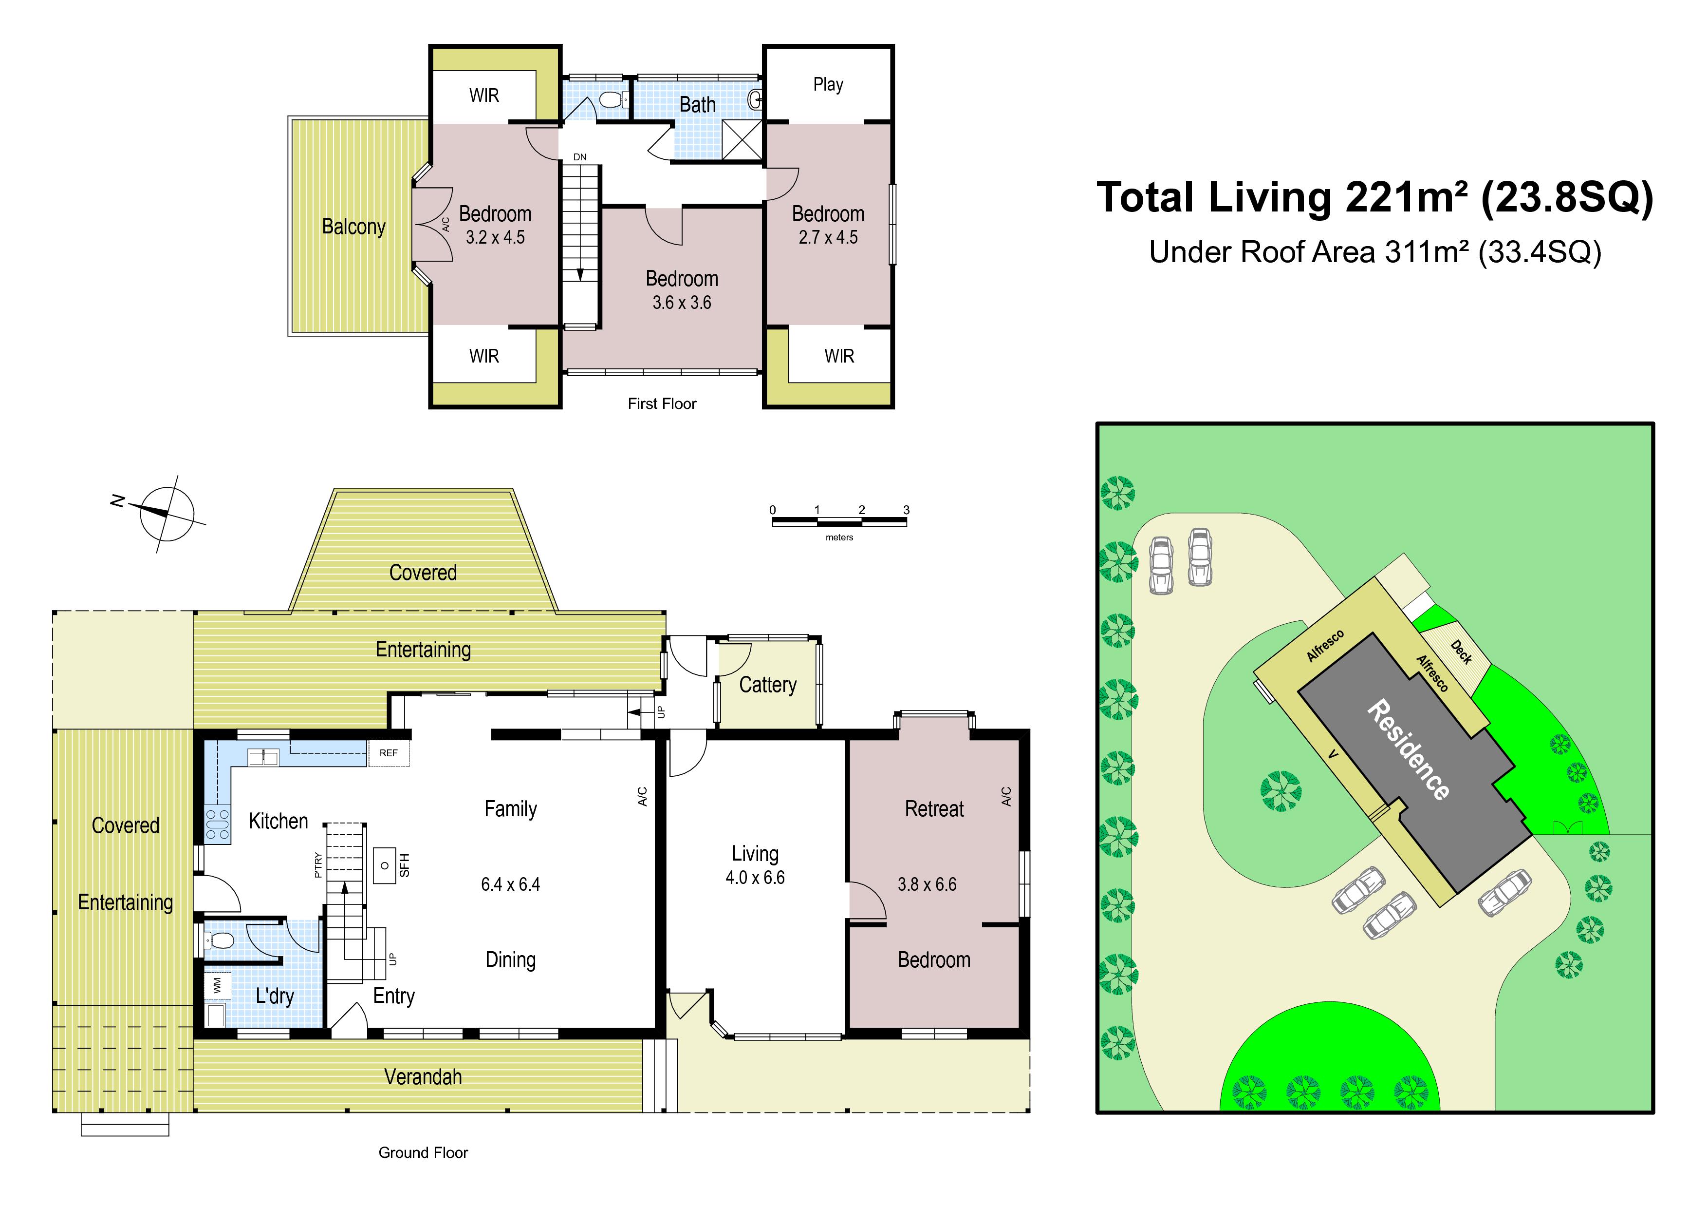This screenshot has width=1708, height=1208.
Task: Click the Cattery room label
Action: point(768,685)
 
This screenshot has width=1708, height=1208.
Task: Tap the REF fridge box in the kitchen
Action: point(389,753)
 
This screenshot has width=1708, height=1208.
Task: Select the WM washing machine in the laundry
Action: point(217,985)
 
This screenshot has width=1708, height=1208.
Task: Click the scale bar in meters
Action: point(839,521)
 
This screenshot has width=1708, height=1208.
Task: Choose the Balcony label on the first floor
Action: point(353,226)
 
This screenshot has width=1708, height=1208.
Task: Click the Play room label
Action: point(828,85)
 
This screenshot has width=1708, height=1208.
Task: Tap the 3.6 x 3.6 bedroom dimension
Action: point(682,303)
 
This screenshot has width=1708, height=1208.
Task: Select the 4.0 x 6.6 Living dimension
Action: point(755,878)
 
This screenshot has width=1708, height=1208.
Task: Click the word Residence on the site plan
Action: point(1408,749)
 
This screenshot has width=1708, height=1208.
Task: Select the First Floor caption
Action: point(662,403)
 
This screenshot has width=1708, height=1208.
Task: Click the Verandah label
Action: point(423,1077)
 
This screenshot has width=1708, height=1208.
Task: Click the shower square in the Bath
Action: point(742,141)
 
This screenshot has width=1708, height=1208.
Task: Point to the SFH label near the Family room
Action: point(405,865)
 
